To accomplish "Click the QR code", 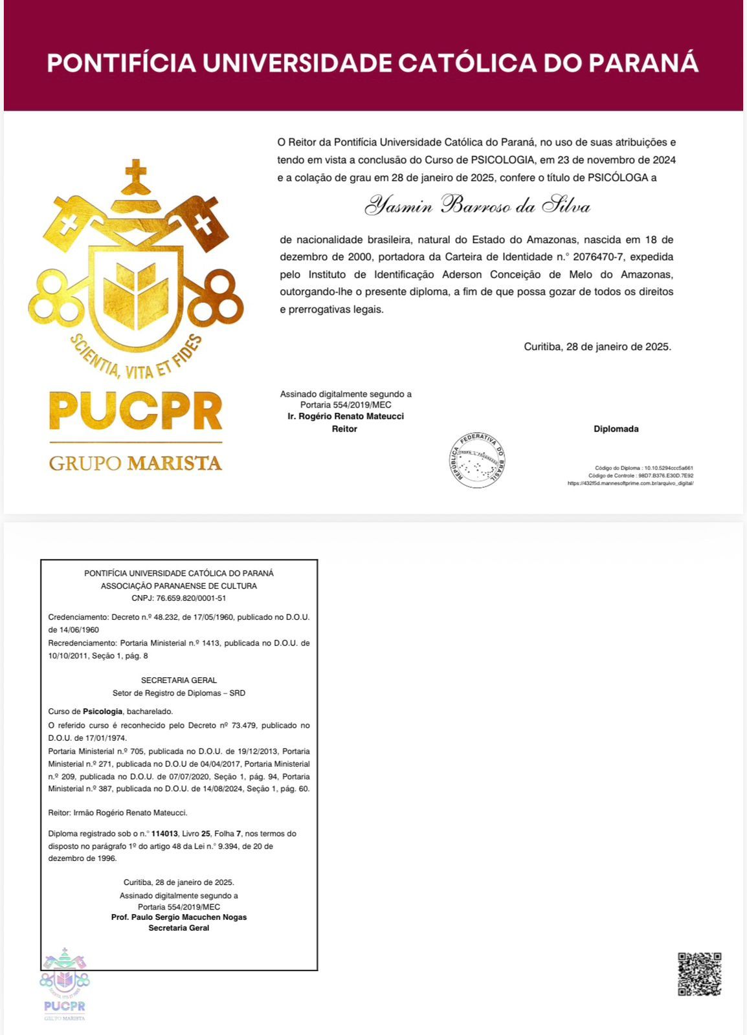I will coord(699,974).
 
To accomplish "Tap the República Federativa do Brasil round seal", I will coord(478,459).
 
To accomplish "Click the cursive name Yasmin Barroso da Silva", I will coord(477,206).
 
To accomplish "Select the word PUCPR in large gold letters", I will coord(136,411).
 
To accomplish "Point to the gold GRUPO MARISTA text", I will coord(136,463).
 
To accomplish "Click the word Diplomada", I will coord(616,429).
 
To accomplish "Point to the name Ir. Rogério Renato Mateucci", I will coord(346,417).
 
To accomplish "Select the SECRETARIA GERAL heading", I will coord(179,681).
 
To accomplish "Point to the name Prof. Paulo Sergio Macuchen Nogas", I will coord(179,917).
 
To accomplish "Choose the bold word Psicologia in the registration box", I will coord(103,712).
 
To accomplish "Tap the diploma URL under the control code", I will coord(630,483).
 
